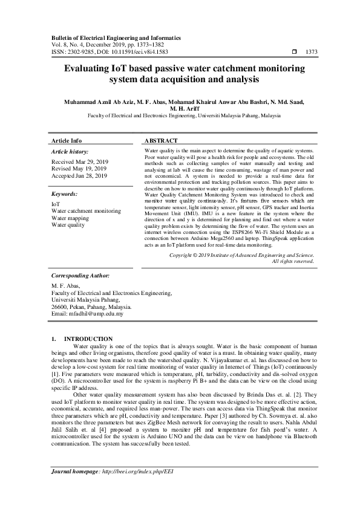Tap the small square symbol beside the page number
(295, 52)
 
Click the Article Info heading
(67, 140)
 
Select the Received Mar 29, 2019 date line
(79, 162)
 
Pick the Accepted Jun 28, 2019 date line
(79, 176)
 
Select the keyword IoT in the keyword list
(55, 204)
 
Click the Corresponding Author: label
(80, 274)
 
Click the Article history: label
(70, 151)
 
